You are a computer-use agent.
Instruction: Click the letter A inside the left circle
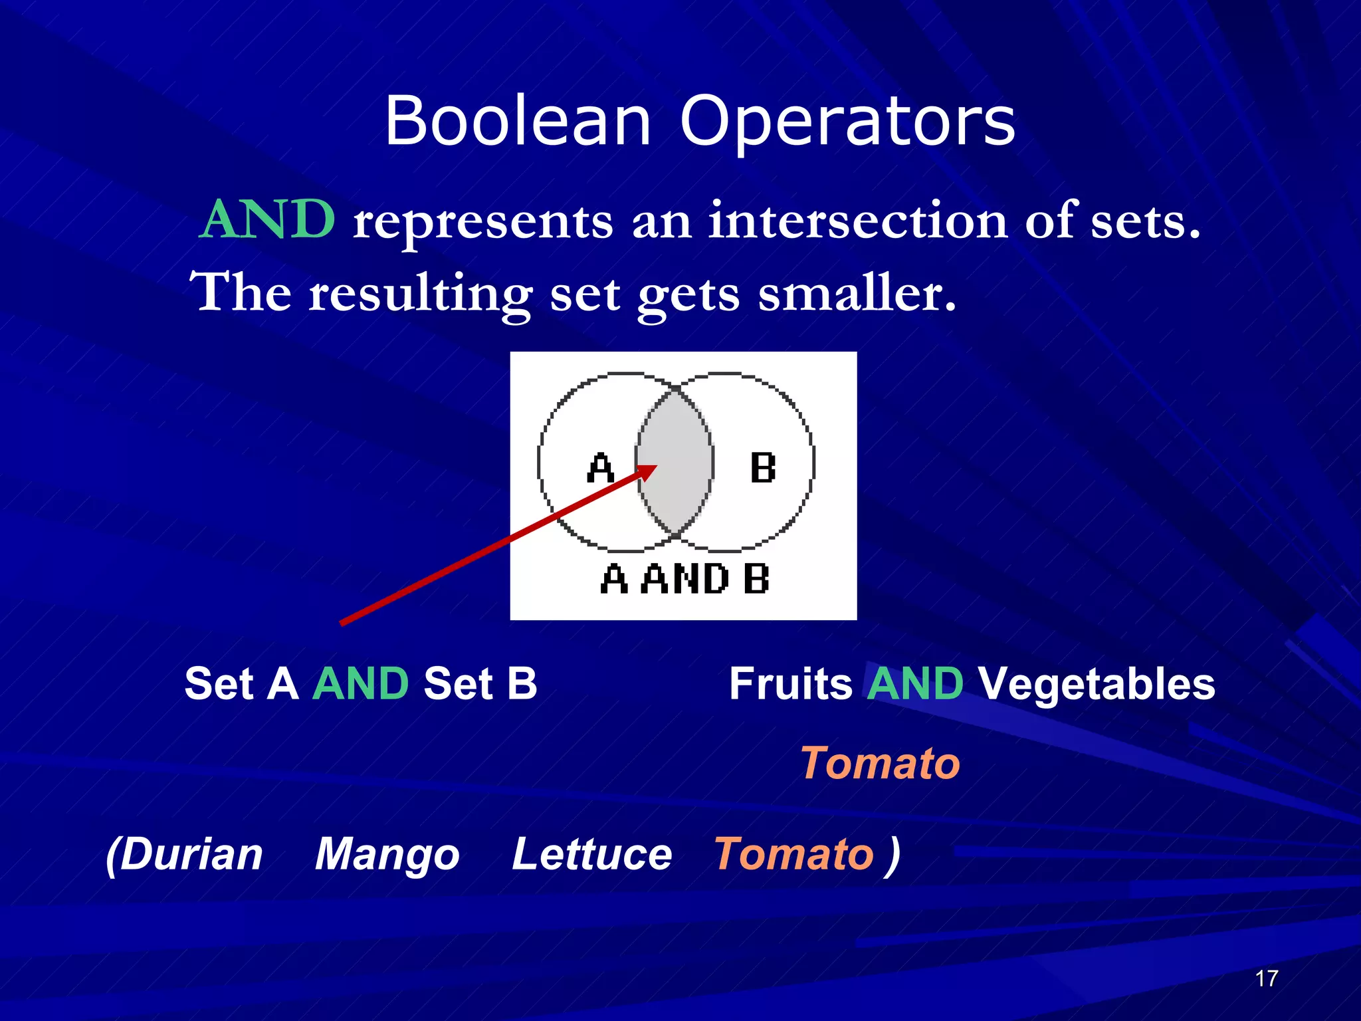pos(600,468)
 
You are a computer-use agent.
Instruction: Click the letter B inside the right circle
pos(762,468)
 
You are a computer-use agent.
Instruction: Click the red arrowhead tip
pos(654,467)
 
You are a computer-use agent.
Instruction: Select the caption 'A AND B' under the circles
pos(684,579)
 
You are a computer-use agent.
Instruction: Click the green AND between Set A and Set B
pos(360,683)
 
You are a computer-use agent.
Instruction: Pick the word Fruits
pos(791,683)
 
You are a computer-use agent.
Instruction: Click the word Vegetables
pos(1097,683)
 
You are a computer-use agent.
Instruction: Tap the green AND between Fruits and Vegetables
pos(915,683)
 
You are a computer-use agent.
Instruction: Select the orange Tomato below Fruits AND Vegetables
pos(880,762)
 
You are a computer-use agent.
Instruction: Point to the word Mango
pos(387,855)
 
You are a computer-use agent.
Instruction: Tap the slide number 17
pos(1267,978)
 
